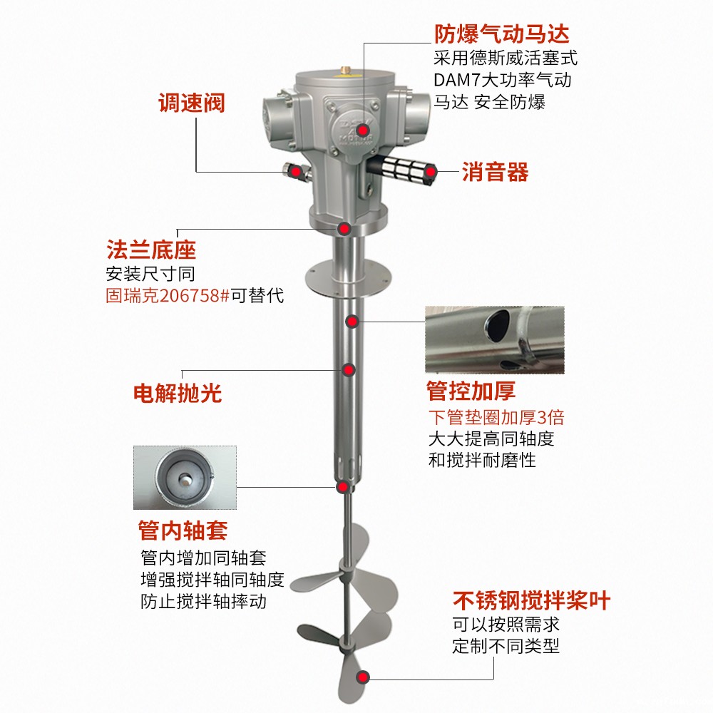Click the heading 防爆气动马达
coord(502,34)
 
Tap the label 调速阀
coord(191,103)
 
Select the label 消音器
coord(496,172)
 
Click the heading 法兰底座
coord(150,250)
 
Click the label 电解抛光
coord(178,393)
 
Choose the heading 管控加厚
coord(471,391)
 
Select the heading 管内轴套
coord(183,530)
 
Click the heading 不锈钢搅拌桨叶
coord(532,600)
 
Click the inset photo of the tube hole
coord(495,339)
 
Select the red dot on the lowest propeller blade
coord(364,677)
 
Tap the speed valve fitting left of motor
coord(294,171)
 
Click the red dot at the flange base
coord(344,229)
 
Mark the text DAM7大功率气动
coord(502,80)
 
